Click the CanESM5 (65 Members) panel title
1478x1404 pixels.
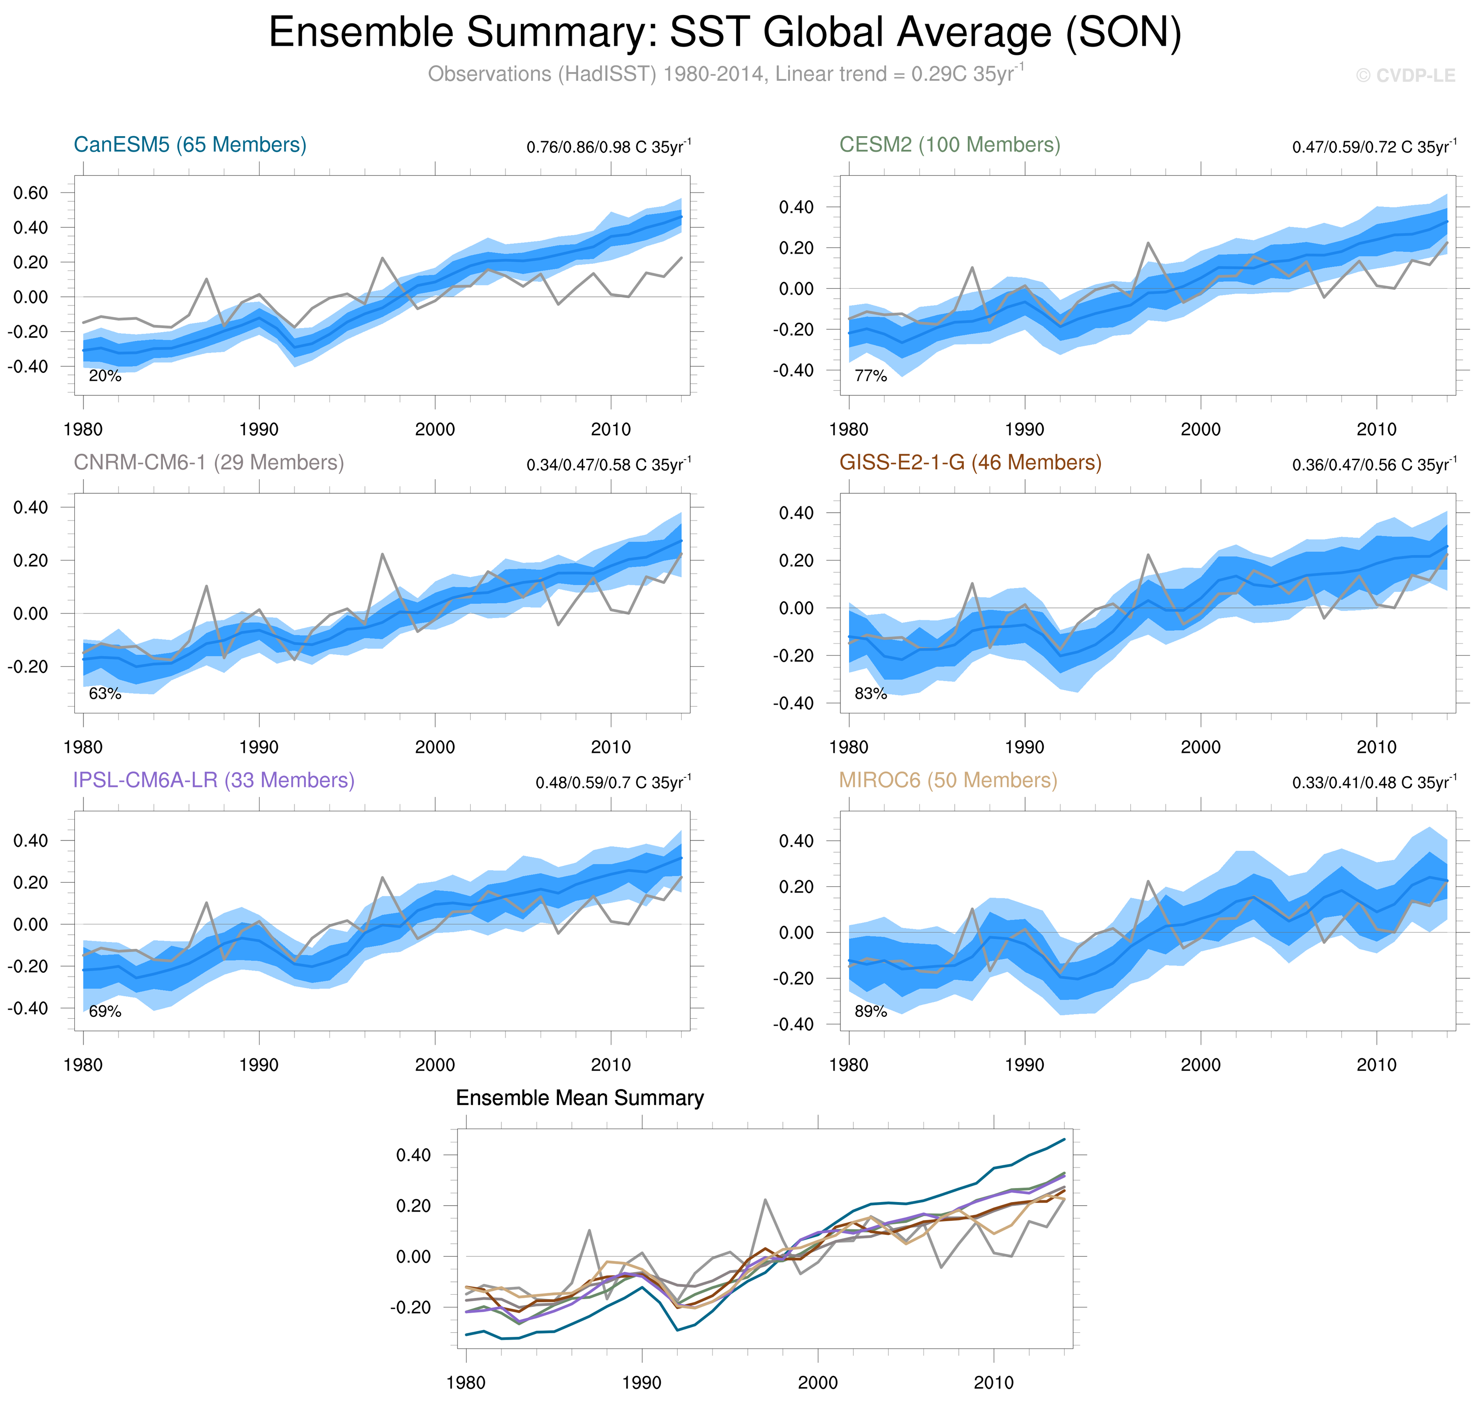(190, 144)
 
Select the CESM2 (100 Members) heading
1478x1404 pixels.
(949, 144)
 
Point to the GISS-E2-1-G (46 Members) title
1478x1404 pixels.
(970, 462)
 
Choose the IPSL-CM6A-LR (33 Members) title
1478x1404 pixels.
(213, 780)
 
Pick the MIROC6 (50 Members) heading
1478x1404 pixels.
(948, 780)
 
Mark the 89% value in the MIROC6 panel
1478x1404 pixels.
(870, 1012)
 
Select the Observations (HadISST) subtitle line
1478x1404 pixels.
(725, 74)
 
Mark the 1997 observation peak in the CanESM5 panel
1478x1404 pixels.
(383, 258)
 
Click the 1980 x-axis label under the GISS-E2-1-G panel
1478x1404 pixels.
(849, 747)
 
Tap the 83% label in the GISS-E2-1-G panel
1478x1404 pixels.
(870, 694)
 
